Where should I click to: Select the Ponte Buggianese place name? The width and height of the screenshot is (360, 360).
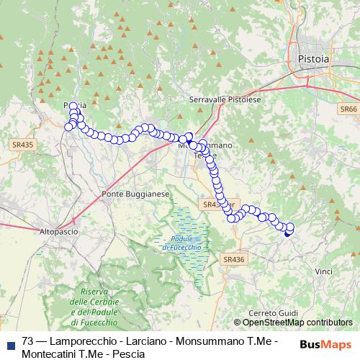click(135, 194)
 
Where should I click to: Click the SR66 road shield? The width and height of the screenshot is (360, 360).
click(348, 109)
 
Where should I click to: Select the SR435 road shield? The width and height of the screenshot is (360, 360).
click(22, 144)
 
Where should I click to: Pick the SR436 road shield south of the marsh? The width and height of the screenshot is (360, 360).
click(234, 259)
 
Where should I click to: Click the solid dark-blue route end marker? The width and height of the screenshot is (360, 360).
click(289, 231)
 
